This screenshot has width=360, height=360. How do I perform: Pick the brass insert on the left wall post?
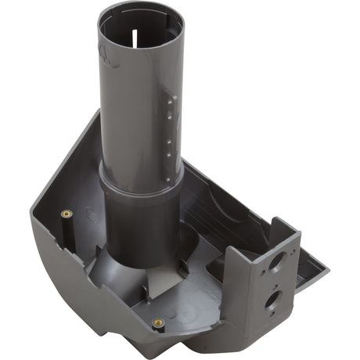coord(66,214)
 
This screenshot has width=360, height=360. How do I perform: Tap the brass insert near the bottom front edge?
coord(158,322)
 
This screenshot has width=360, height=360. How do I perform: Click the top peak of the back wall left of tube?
coord(97,113)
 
